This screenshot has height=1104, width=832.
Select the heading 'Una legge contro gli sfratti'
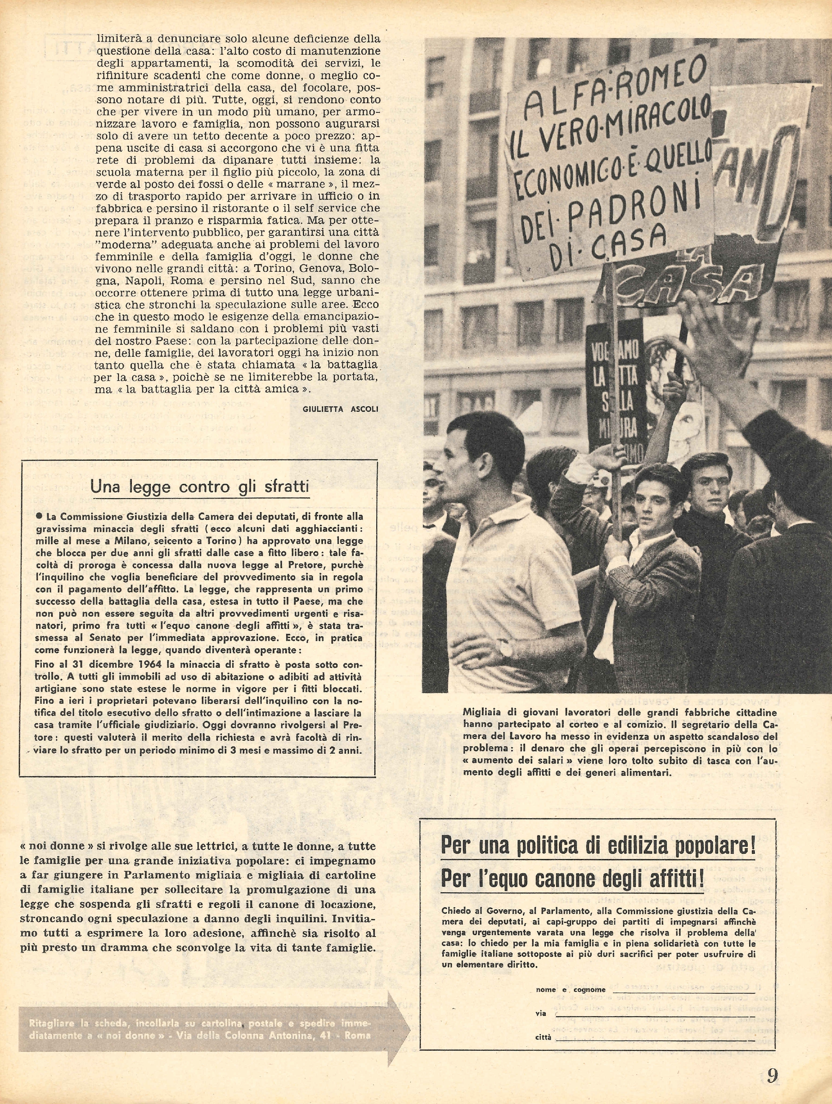pyautogui.click(x=200, y=486)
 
